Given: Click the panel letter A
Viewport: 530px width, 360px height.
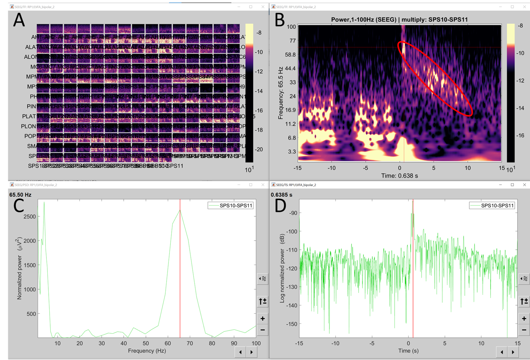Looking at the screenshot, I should point(19,20).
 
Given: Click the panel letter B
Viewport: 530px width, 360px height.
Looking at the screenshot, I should point(280,20).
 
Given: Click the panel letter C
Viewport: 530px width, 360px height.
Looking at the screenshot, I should point(19,205).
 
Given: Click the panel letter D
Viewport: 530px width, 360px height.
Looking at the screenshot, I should point(281,205).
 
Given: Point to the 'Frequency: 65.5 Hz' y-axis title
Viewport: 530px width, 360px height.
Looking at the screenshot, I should point(281,93).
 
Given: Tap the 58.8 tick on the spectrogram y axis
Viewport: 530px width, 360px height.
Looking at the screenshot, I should point(290,54).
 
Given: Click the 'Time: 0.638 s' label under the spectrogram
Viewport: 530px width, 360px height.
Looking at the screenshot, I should point(399,176).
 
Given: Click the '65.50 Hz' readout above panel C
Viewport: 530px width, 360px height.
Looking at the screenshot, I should point(20,195).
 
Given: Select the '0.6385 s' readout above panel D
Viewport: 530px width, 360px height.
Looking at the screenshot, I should point(281,195).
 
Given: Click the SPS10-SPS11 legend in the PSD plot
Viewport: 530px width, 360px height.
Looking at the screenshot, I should point(231,205).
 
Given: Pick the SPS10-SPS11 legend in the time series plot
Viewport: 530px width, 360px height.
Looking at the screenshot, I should point(492,205).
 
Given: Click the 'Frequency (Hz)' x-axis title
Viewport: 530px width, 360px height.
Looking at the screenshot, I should point(147,351).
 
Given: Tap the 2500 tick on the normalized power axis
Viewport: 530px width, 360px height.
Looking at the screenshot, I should point(29,217).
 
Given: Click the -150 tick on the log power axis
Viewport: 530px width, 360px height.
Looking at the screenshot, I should point(291,324).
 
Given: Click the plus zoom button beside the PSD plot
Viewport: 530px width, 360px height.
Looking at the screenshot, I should point(263,318).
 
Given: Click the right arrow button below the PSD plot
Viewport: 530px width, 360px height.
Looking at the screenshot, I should point(251,352).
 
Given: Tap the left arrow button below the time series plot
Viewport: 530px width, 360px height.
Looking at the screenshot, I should point(502,352).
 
